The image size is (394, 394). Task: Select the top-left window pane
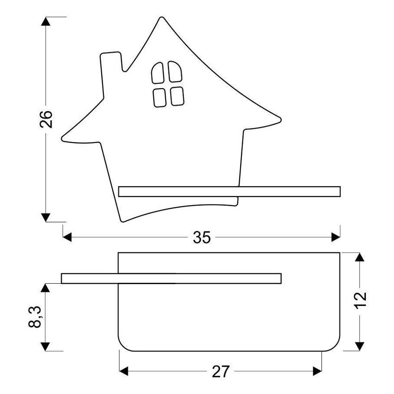158,73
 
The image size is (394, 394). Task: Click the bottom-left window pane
159,97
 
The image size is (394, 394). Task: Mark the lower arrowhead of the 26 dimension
45,217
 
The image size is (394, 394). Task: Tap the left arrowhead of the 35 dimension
67,236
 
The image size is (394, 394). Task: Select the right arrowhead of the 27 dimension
317,372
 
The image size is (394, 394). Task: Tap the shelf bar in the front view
229,191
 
